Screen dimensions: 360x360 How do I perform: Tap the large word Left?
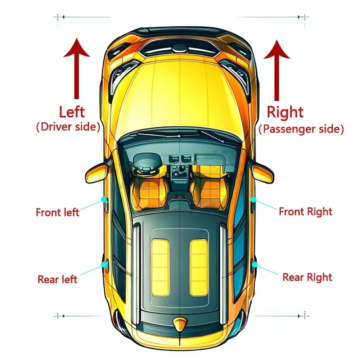(72, 112)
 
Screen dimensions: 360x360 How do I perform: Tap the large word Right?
(285, 112)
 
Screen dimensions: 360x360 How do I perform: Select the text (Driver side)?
(68, 127)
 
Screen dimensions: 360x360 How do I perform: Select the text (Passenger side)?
(301, 129)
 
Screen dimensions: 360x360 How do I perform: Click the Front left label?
(57, 212)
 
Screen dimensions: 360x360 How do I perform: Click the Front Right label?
(305, 211)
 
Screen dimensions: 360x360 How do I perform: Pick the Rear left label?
(57, 279)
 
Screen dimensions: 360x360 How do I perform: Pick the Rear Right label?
(307, 277)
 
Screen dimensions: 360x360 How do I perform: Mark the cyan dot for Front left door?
(104, 199)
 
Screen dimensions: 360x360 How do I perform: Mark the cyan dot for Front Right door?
(253, 199)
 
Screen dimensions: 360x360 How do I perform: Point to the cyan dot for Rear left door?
(104, 265)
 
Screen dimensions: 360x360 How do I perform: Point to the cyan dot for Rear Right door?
(254, 265)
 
